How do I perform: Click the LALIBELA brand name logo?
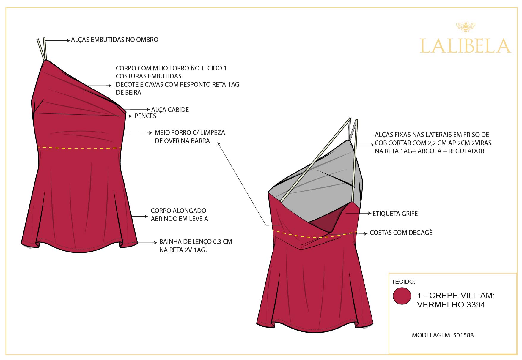465,46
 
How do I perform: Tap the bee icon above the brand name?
466,27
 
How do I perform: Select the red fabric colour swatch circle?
402,296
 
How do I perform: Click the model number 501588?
463,335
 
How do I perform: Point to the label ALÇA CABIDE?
170,110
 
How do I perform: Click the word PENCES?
145,116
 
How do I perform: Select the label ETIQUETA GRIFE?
395,214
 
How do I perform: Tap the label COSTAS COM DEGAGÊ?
401,233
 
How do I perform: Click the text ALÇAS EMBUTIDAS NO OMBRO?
114,40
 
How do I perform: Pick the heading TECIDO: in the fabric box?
403,282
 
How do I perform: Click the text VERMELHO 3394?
451,305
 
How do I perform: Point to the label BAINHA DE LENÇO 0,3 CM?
196,242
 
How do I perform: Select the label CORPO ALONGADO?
178,211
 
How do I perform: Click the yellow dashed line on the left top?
80,148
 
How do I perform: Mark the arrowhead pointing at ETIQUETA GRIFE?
370,213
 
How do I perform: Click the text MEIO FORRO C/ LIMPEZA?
190,133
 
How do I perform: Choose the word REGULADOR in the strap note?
466,151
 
